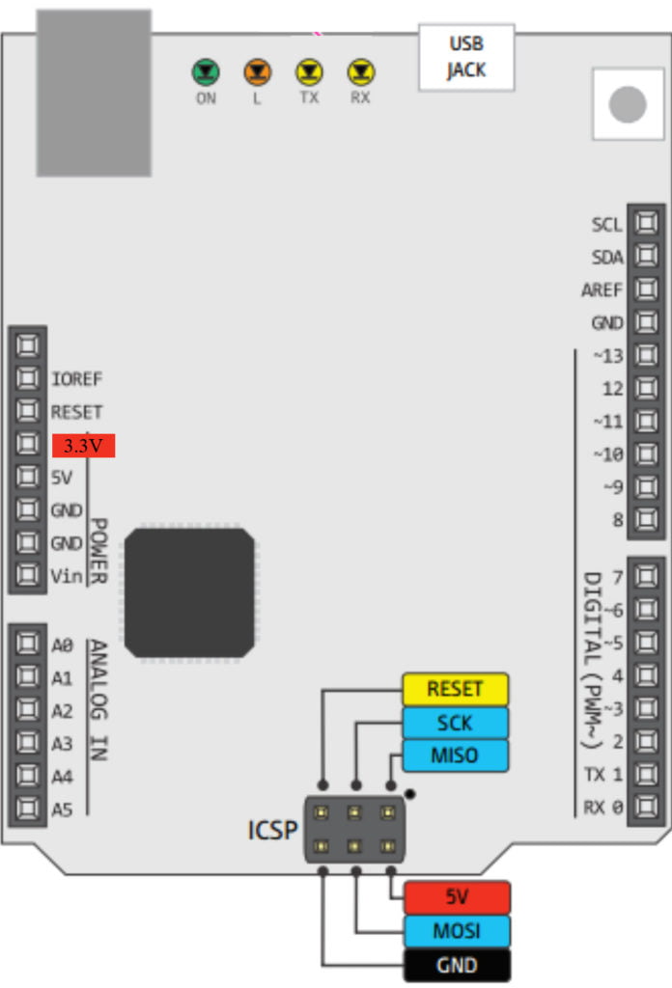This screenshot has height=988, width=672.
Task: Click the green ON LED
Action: [x=206, y=71]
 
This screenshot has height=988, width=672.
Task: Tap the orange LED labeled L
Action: [x=257, y=71]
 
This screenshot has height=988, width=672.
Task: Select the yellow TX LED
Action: [x=309, y=71]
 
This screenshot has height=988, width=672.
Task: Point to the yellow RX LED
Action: [x=360, y=71]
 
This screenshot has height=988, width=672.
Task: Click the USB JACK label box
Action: [x=466, y=57]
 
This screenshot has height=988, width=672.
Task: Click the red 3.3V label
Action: [x=83, y=446]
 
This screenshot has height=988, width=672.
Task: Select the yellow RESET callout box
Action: [x=455, y=689]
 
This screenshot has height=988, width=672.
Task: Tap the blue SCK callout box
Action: [x=455, y=723]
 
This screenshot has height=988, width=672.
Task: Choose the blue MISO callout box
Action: [x=455, y=755]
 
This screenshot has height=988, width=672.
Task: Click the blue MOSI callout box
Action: [x=457, y=931]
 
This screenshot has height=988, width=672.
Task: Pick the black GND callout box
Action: [x=457, y=965]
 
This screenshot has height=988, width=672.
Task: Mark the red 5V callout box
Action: [x=457, y=896]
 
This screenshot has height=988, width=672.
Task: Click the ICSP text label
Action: [x=272, y=830]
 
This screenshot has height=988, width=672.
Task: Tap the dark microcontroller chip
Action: [x=190, y=593]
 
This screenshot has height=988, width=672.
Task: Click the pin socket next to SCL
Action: [x=646, y=222]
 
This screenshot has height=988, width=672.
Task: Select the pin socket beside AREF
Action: [x=646, y=288]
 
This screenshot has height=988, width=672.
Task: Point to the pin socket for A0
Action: [x=27, y=644]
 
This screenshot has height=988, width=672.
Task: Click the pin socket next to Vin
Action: [x=27, y=574]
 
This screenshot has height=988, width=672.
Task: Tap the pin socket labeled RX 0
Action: [x=646, y=806]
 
